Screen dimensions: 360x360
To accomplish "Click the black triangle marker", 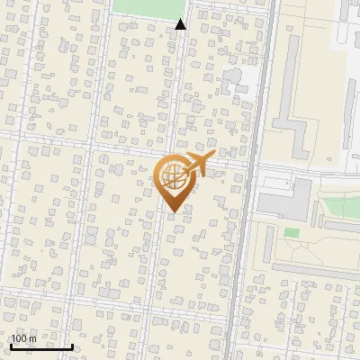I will click(x=181, y=25).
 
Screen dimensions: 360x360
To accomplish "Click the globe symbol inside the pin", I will click(x=173, y=178).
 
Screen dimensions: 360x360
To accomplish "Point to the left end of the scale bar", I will click(x=11, y=346).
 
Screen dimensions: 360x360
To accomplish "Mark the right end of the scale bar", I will click(x=73, y=346).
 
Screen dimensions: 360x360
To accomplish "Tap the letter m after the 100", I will click(x=32, y=338).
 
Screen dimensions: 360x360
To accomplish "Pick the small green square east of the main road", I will click(x=292, y=232).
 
